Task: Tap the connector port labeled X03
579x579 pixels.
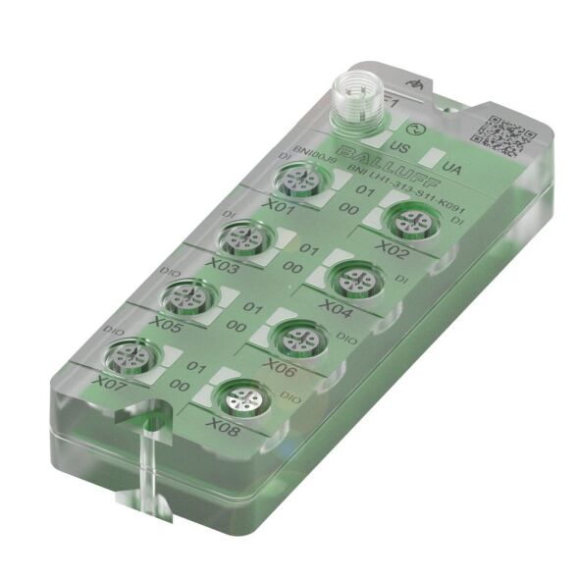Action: click(239, 237)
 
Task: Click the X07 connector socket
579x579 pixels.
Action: click(131, 355)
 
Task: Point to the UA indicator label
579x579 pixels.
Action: click(453, 168)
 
